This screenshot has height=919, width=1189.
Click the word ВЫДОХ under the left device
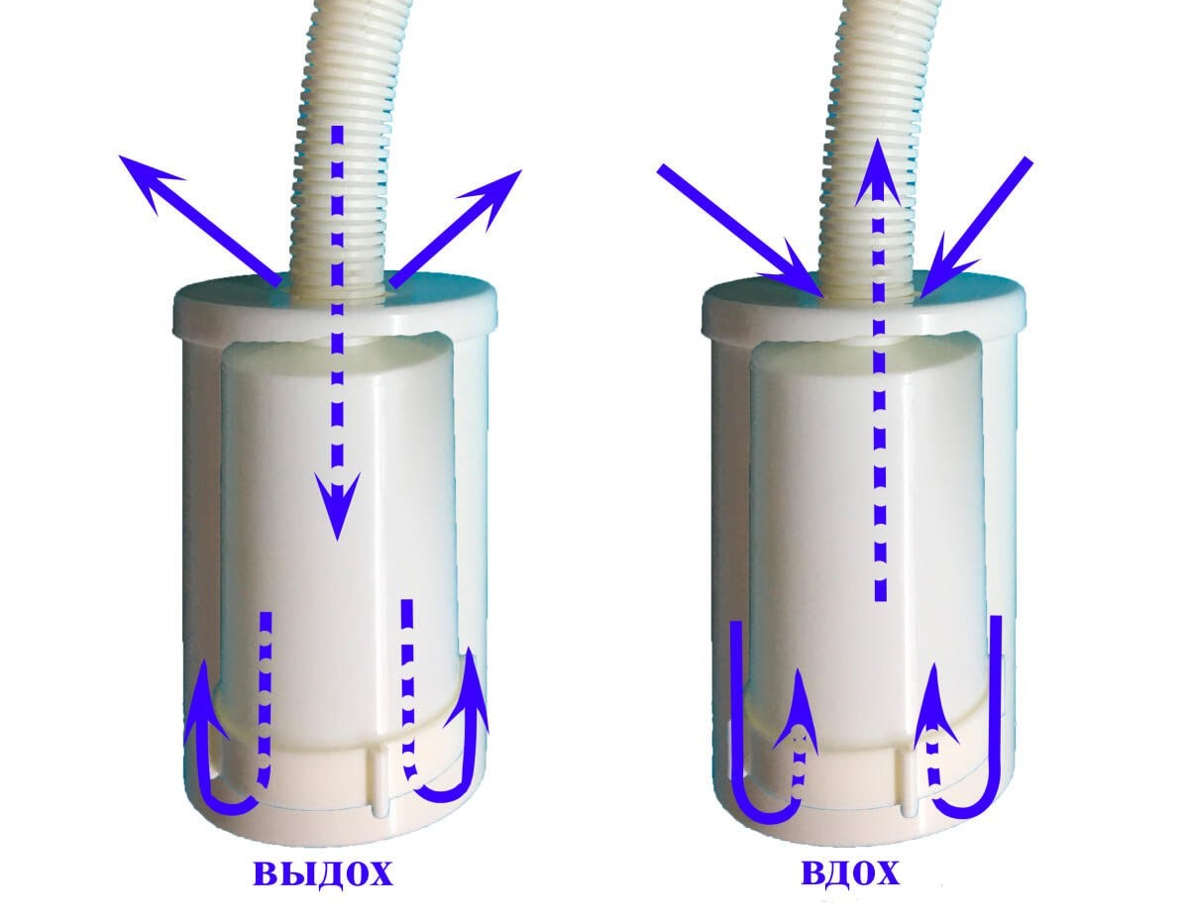click(x=324, y=874)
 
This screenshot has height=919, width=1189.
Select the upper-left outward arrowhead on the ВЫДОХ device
click(x=145, y=176)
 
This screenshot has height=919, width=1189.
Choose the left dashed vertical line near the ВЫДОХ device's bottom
click(x=265, y=683)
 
